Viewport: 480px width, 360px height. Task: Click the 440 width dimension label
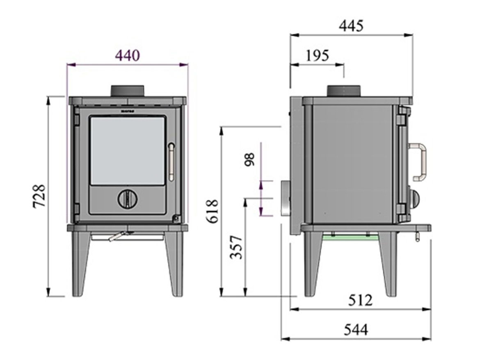(127, 55)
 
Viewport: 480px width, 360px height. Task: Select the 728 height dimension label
(40, 196)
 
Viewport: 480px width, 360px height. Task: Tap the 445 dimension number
(351, 26)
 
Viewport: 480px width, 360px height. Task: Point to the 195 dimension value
(317, 55)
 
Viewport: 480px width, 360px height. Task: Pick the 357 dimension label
(236, 247)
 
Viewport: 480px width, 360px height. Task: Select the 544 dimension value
(356, 329)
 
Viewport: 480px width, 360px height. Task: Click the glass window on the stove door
(128, 150)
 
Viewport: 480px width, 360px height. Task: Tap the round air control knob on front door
(128, 199)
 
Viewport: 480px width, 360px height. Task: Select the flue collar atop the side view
(343, 91)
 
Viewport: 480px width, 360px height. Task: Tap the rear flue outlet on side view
(285, 199)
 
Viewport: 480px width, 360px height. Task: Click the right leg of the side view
(388, 264)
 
